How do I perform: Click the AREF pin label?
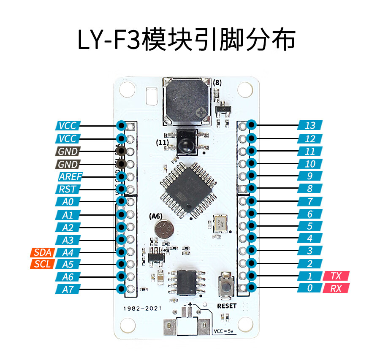[x=70, y=176]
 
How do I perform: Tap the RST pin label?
[x=68, y=189]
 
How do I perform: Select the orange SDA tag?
[x=42, y=252]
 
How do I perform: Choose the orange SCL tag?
[x=42, y=265]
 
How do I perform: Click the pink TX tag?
[x=336, y=276]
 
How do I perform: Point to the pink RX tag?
[x=336, y=289]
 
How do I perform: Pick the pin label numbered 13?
[x=310, y=125]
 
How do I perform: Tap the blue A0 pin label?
[x=68, y=202]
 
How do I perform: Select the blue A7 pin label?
[x=68, y=289]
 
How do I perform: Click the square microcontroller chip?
[x=186, y=190]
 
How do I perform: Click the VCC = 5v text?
[x=225, y=330]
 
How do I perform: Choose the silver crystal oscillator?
[x=220, y=224]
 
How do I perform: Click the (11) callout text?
[x=162, y=143]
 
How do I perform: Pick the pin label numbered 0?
[x=310, y=289]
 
